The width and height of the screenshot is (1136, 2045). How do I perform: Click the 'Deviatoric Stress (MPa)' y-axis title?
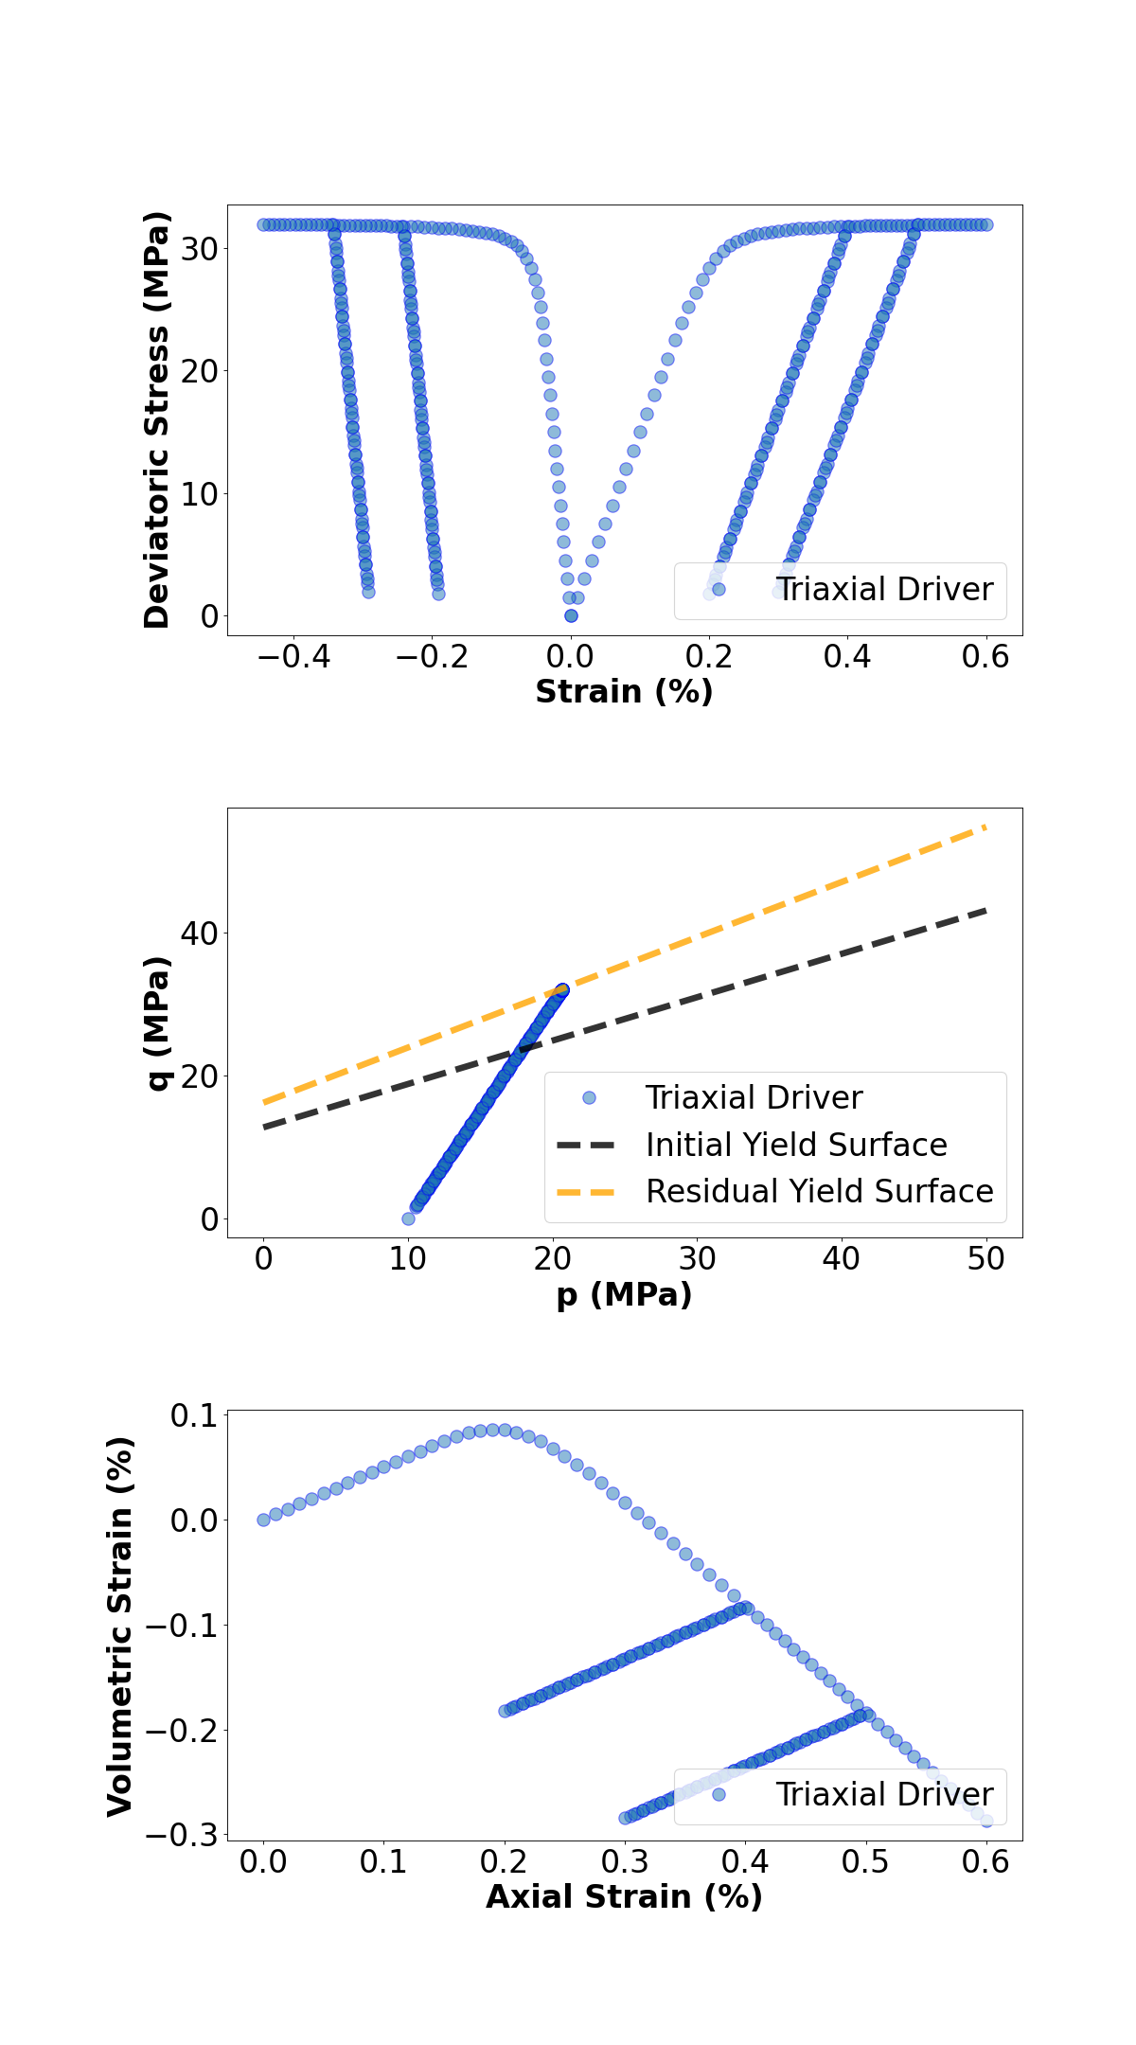157,419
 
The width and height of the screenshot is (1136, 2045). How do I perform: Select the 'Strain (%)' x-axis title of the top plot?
624,692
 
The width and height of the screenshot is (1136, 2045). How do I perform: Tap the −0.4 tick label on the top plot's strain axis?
293,656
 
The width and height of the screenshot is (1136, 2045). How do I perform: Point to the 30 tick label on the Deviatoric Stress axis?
200,249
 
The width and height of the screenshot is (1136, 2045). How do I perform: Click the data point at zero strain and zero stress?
571,615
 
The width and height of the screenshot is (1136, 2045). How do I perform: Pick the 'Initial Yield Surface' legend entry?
796,1145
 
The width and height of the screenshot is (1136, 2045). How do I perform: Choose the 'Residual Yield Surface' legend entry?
819,1191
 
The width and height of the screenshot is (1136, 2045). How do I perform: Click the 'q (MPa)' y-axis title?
157,1022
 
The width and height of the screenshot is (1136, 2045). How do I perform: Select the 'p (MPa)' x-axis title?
624,1294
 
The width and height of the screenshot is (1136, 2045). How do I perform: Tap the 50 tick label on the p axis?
985,1258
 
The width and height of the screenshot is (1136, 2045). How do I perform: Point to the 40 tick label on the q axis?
200,934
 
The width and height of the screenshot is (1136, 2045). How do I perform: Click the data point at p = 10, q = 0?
408,1218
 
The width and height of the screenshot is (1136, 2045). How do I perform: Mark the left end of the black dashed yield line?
265,1128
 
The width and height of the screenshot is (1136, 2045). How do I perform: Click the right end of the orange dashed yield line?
985,827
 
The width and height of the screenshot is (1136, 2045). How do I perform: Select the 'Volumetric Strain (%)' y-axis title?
120,1626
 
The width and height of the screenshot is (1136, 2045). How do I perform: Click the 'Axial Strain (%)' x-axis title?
624,1896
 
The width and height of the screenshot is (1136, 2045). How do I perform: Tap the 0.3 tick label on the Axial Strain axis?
625,1861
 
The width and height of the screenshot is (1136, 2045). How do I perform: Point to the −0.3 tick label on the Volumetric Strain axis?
182,1835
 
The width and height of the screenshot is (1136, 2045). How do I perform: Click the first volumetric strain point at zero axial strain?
263,1520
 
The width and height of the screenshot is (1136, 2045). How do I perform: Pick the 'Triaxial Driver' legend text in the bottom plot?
884,1794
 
